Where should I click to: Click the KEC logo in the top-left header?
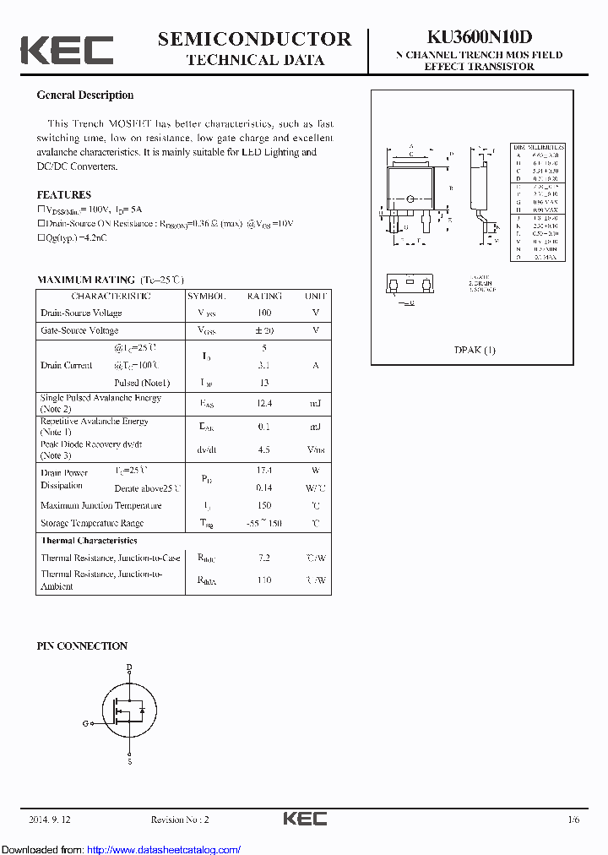[x=67, y=50]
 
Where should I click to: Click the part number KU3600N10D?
[x=479, y=37]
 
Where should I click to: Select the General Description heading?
[x=84, y=95]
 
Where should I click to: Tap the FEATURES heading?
[x=63, y=195]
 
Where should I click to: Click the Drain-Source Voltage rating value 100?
[x=264, y=313]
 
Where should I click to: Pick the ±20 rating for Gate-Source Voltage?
[x=264, y=330]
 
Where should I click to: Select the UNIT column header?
[x=315, y=297]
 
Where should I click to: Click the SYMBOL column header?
[x=207, y=297]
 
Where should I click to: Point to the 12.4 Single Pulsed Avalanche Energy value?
[x=264, y=404]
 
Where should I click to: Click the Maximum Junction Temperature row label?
[x=100, y=505]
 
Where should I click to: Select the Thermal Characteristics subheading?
[x=89, y=541]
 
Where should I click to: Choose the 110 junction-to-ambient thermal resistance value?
[x=264, y=580]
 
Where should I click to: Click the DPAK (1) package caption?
[x=475, y=350]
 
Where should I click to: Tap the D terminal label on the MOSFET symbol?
[x=129, y=667]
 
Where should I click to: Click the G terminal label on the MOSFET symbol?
[x=85, y=723]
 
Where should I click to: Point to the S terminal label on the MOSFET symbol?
[x=129, y=762]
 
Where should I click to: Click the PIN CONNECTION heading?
[x=82, y=646]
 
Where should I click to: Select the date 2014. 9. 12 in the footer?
[x=50, y=820]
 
